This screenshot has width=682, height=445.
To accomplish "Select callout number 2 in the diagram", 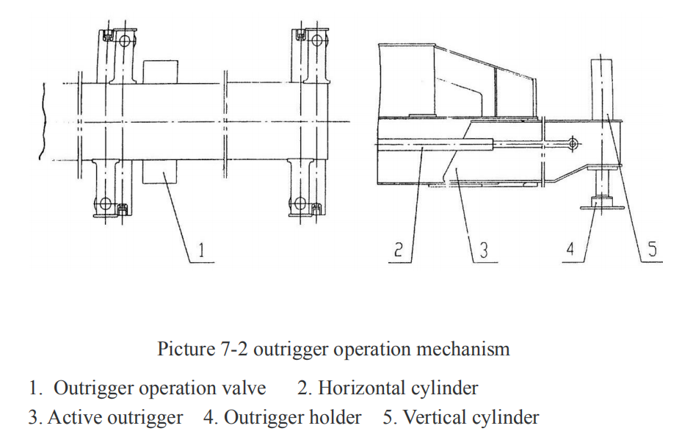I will [396, 250].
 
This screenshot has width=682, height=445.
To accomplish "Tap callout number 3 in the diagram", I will [483, 250].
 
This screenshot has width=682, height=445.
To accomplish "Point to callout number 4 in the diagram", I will [570, 250].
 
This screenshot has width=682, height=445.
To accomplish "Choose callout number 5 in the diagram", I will [653, 250].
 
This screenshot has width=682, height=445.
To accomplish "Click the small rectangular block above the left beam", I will [160, 71].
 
